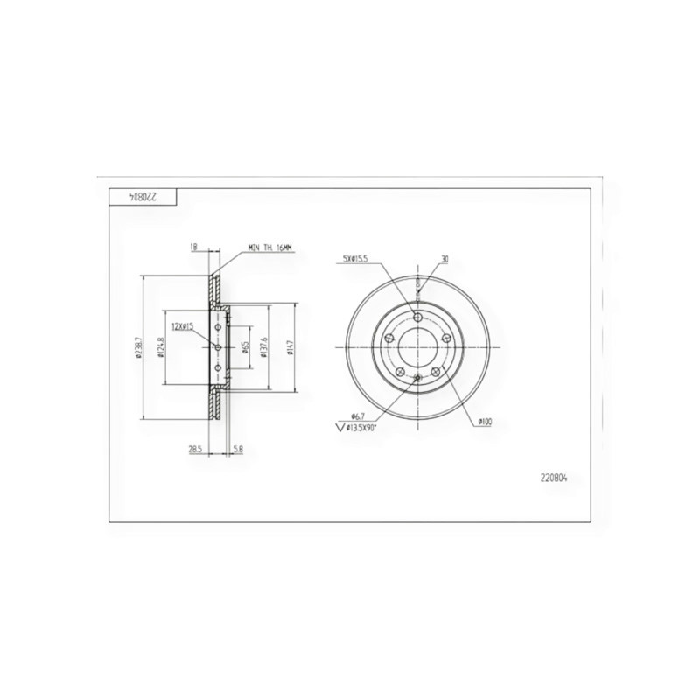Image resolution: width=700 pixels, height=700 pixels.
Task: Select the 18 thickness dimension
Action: click(x=193, y=248)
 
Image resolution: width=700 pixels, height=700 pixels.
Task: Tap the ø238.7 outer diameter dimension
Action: click(x=138, y=347)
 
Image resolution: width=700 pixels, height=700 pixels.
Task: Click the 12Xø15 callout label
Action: click(x=183, y=325)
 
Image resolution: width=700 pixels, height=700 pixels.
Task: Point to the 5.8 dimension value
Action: click(x=238, y=449)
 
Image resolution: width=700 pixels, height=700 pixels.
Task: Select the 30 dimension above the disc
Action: click(x=444, y=259)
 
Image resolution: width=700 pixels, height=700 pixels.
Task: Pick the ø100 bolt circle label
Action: click(x=485, y=423)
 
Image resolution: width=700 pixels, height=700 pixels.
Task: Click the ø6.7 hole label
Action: click(x=357, y=416)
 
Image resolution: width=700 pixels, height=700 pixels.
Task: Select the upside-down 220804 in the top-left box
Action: click(x=143, y=197)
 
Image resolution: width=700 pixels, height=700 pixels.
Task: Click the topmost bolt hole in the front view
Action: click(x=418, y=317)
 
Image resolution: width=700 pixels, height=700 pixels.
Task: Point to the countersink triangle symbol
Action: click(x=340, y=428)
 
